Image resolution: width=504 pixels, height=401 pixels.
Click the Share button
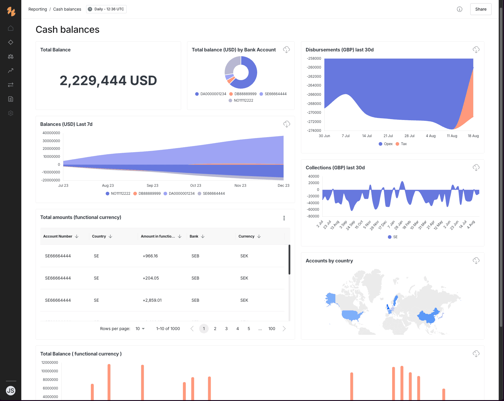click(481, 9)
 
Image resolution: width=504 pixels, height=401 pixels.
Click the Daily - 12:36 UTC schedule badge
click(106, 9)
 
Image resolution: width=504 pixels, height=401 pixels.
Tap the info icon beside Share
click(460, 9)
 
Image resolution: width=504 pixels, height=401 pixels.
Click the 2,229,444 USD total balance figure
click(108, 80)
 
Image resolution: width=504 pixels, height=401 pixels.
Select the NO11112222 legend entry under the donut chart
click(241, 100)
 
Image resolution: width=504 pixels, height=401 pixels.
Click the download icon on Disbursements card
click(476, 50)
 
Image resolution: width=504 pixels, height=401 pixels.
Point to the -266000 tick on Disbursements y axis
click(314, 95)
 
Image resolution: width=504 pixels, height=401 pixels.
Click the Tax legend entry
click(401, 144)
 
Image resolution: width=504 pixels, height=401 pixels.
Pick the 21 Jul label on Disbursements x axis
click(388, 136)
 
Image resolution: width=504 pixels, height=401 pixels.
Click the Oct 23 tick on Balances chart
click(196, 186)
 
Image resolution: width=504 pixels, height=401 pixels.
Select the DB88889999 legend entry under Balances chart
click(147, 194)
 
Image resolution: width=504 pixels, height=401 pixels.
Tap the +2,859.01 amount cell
click(152, 300)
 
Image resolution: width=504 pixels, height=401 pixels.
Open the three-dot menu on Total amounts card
click(284, 218)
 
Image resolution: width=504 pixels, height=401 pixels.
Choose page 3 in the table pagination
click(226, 329)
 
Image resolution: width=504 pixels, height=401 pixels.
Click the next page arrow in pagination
click(284, 329)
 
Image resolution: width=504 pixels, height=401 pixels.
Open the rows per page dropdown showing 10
click(140, 329)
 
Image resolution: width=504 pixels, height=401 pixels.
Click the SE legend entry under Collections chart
click(393, 237)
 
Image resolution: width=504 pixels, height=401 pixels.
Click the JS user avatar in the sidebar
click(11, 391)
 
